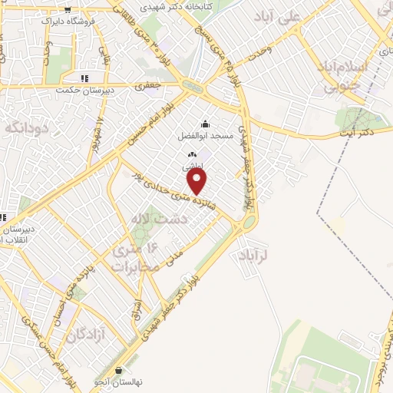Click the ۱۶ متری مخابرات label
point(137,258)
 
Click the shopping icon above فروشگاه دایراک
point(69,10)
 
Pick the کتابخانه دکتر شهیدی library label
point(207,5)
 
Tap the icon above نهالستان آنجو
point(119,372)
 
